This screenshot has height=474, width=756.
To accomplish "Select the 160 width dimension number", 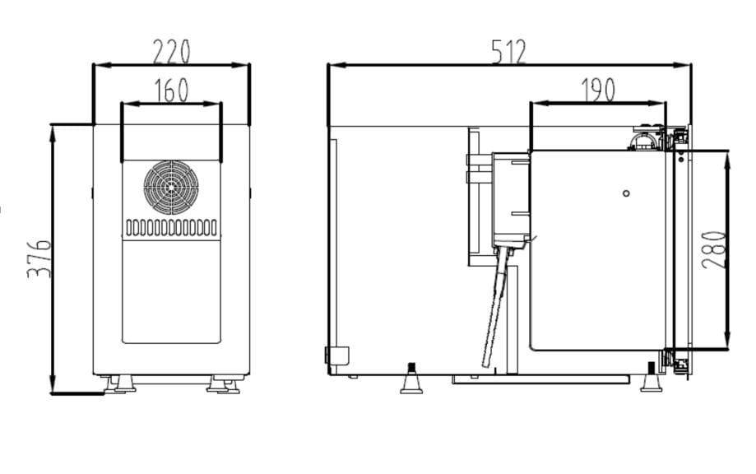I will tap(171, 90).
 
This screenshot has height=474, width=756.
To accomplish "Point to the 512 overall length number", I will tap(509, 52).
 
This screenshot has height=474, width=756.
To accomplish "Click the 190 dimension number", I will tap(598, 90).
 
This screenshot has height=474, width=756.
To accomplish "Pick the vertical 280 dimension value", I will tap(715, 249).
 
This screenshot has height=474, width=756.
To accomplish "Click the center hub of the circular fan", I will tap(171, 187).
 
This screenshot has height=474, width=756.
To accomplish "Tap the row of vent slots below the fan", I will tap(171, 226).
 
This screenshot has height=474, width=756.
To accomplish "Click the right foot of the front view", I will tap(222, 383).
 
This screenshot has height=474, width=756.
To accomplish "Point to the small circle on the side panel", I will tap(626, 193).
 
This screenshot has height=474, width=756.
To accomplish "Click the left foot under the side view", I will tap(411, 380).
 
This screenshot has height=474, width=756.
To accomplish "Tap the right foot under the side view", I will tap(651, 380).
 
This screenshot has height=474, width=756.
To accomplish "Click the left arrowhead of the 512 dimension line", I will tap(332, 65).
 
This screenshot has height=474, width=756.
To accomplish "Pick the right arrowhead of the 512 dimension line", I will tap(688, 65).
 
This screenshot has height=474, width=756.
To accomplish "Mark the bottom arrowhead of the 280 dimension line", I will tap(727, 345).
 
